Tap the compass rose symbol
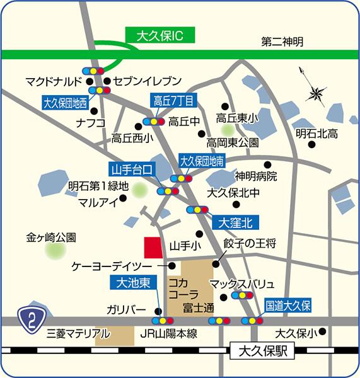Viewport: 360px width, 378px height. click(x=315, y=94)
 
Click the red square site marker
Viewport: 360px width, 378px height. click(x=153, y=247)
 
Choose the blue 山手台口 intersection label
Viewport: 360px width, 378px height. click(x=131, y=169)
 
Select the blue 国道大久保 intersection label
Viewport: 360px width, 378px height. click(x=288, y=306)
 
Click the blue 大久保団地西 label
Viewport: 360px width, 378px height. click(x=66, y=101)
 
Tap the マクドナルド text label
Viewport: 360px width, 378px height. click(x=54, y=81)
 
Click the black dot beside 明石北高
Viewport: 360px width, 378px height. click(x=312, y=145)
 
